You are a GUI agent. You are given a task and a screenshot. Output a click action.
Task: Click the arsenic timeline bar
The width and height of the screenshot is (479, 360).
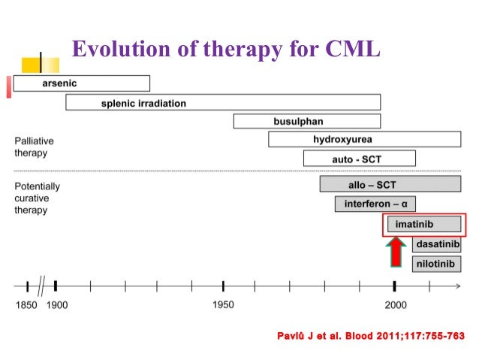[81, 83]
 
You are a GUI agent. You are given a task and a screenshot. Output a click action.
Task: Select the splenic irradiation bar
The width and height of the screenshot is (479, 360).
[223, 103]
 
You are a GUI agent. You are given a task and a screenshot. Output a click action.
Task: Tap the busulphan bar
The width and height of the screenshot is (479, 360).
[306, 121]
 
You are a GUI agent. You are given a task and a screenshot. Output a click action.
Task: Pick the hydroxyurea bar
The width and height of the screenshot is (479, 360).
[364, 140]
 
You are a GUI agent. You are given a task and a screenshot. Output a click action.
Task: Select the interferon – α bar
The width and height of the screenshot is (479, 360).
[375, 204]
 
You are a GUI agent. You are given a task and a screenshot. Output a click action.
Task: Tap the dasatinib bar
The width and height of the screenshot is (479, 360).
[436, 244]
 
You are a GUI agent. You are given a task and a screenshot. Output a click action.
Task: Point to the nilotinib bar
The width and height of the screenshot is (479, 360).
[436, 264]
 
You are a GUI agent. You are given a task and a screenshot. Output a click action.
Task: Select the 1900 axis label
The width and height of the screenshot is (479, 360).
[57, 305]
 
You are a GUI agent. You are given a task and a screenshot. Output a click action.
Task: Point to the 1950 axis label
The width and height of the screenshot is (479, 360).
[223, 305]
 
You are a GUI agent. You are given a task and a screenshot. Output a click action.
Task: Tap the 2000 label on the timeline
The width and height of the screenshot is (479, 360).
[396, 305]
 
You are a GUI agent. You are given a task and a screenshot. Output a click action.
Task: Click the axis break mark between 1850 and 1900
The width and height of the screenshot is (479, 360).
[42, 286]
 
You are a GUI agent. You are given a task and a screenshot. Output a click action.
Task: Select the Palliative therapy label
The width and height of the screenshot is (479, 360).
[35, 147]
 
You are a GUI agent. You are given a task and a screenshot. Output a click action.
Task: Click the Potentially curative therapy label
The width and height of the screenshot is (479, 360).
[38, 198]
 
